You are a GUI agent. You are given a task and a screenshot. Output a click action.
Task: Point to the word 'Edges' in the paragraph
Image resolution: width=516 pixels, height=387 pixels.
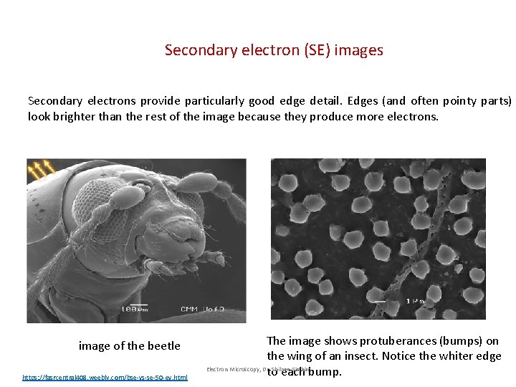click(x=368, y=101)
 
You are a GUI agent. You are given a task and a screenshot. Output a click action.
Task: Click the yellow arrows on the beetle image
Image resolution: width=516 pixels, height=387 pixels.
click(x=40, y=169)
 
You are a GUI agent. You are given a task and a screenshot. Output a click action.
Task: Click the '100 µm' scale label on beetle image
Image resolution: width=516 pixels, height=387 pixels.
click(x=134, y=309)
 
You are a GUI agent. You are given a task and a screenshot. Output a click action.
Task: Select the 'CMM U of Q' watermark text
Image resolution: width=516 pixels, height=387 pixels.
click(x=204, y=309)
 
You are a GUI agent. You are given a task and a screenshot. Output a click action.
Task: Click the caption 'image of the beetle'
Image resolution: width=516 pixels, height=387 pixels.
click(x=129, y=345)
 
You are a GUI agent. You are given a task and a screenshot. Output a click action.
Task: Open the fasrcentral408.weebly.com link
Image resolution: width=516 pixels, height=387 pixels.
click(x=105, y=377)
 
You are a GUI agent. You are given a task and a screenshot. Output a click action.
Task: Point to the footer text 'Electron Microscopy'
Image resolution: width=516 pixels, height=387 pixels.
click(x=232, y=369)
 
